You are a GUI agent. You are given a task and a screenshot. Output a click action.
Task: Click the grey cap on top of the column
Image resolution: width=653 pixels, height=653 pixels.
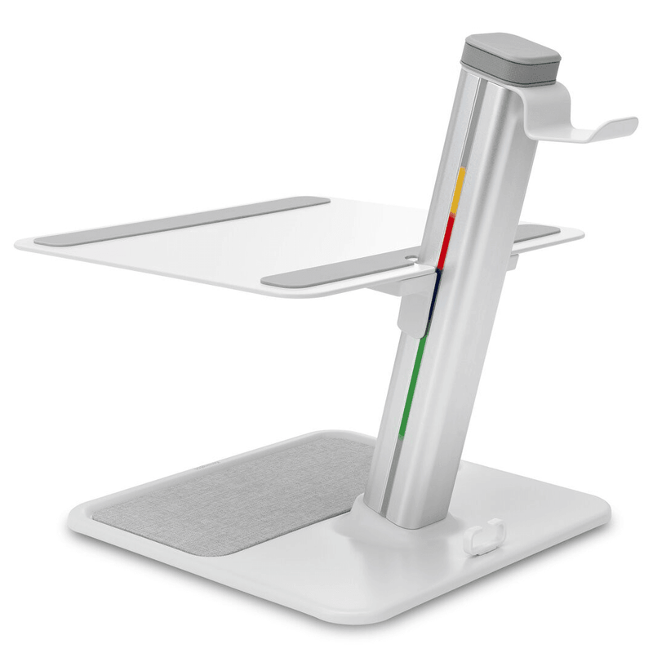pyautogui.click(x=513, y=51)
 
